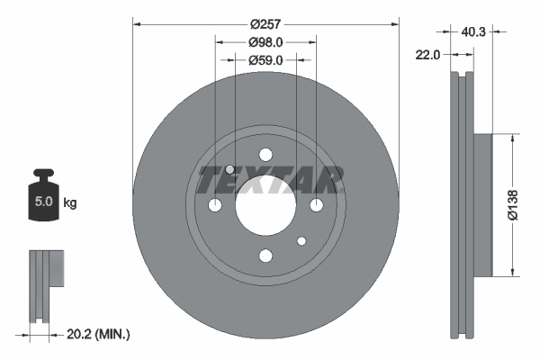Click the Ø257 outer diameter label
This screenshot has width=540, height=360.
(x=265, y=25)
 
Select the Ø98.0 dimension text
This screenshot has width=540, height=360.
(x=265, y=42)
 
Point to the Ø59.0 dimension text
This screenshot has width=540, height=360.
(x=265, y=60)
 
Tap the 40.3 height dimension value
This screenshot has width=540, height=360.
(x=474, y=32)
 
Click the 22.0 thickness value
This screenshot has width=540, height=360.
(x=428, y=55)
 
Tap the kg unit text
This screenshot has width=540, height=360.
(x=69, y=202)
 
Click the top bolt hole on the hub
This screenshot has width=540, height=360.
(x=265, y=155)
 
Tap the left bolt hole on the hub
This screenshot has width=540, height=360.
(x=215, y=206)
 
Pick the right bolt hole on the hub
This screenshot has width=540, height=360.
(x=316, y=206)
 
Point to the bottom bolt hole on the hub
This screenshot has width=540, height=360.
(x=265, y=256)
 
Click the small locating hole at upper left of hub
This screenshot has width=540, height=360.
(x=230, y=170)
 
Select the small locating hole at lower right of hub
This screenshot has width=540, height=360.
(x=301, y=241)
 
